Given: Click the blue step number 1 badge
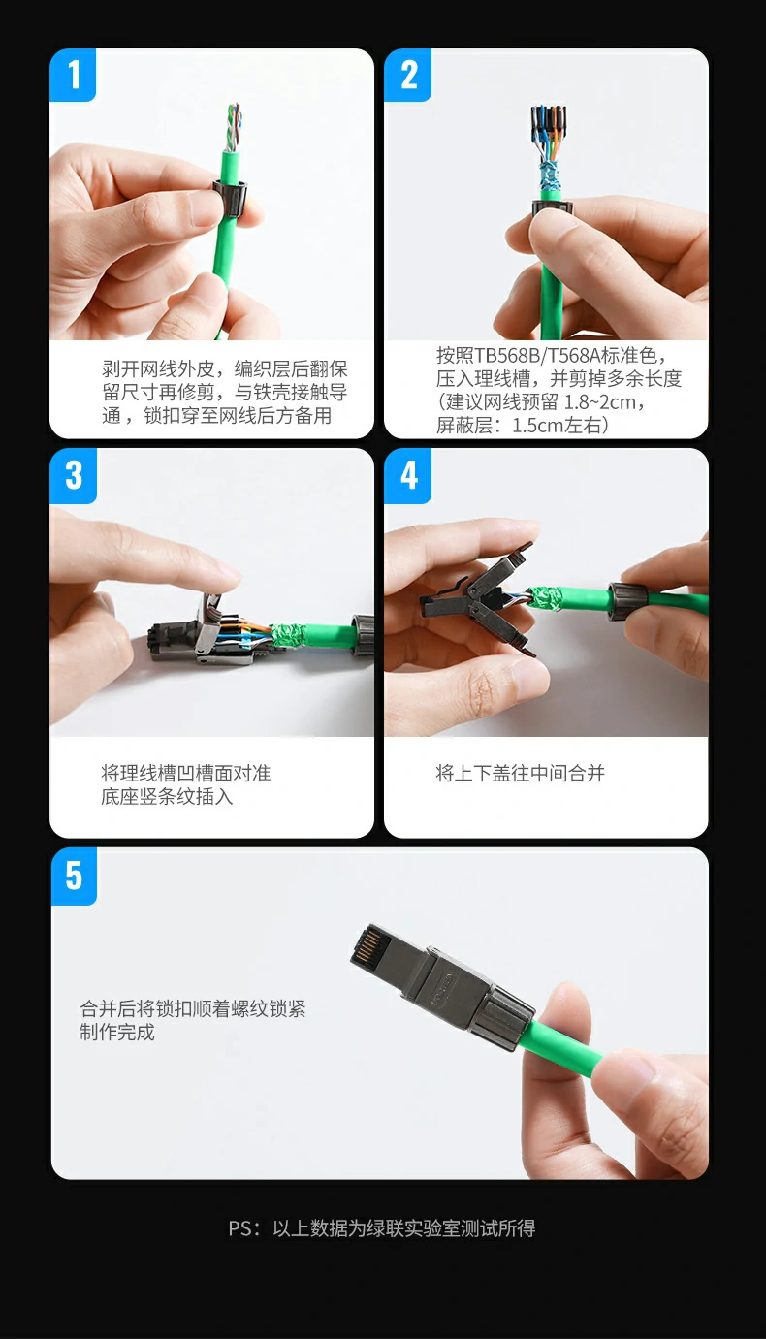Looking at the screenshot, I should click(x=73, y=75).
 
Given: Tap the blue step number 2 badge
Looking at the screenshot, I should click(x=408, y=75).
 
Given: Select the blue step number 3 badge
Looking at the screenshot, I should click(x=74, y=475).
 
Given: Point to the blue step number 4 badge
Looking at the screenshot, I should click(x=408, y=475).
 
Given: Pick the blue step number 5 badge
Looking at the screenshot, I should click(x=74, y=876).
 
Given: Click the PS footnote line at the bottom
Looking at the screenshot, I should click(x=382, y=1228).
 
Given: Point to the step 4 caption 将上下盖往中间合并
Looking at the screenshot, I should click(x=520, y=773).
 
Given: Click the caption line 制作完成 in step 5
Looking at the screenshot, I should click(x=117, y=1032).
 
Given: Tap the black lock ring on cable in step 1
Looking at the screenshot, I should click(x=228, y=193).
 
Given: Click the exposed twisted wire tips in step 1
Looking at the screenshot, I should click(x=234, y=123).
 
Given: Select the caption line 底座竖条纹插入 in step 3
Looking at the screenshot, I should click(x=167, y=796).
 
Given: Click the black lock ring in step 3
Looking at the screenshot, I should click(x=364, y=634).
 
